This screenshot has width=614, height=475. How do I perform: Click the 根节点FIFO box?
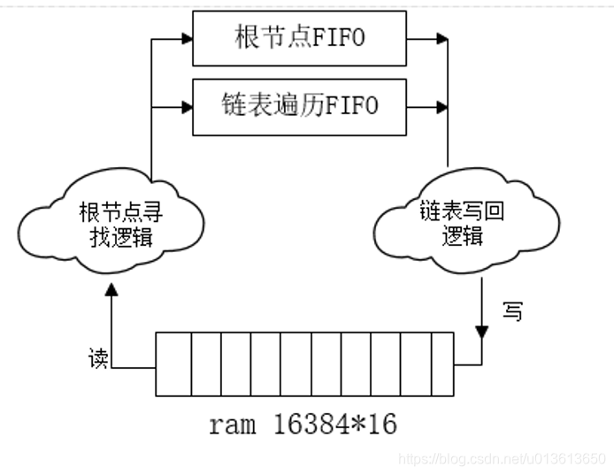[299, 38]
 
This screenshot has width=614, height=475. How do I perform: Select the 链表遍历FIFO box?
[299, 106]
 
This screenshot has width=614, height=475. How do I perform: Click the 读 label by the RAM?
[97, 359]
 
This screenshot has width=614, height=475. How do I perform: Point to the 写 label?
[511, 311]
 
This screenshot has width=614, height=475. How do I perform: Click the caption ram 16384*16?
[303, 424]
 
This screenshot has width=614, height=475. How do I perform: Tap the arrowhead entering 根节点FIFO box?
[186, 39]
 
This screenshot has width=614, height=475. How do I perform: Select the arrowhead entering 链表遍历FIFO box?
[186, 107]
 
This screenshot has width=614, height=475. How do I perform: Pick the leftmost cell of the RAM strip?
[173, 364]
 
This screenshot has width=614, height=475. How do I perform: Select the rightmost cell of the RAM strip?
[442, 364]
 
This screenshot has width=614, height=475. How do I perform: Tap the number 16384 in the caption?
[311, 424]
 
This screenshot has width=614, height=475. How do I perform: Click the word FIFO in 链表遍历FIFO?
[348, 106]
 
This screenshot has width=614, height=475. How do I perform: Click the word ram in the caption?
[230, 425]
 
